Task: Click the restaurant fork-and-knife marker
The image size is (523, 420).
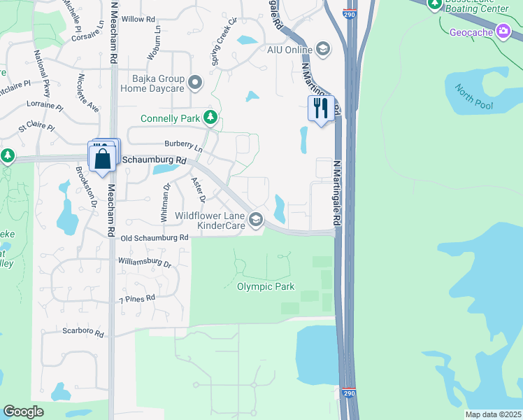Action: pyautogui.click(x=321, y=108)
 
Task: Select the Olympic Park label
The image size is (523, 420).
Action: pyautogui.click(x=266, y=286)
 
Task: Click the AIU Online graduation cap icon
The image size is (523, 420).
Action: pyautogui.click(x=322, y=49)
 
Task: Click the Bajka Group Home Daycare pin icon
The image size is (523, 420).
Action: pyautogui.click(x=196, y=83)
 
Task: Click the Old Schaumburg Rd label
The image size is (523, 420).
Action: pyautogui.click(x=155, y=238)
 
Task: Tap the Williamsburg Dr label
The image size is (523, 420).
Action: pyautogui.click(x=145, y=264)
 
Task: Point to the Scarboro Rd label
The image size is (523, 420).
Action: pyautogui.click(x=83, y=332)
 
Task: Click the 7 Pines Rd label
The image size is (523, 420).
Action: pyautogui.click(x=136, y=298)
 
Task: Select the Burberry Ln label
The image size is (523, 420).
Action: pyautogui.click(x=183, y=146)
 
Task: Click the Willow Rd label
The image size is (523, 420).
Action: pyautogui.click(x=138, y=19)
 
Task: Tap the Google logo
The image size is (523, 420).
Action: pyautogui.click(x=23, y=411)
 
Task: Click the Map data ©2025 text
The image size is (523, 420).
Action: pyautogui.click(x=492, y=414)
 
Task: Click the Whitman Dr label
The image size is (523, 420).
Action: pyautogui.click(x=166, y=203)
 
